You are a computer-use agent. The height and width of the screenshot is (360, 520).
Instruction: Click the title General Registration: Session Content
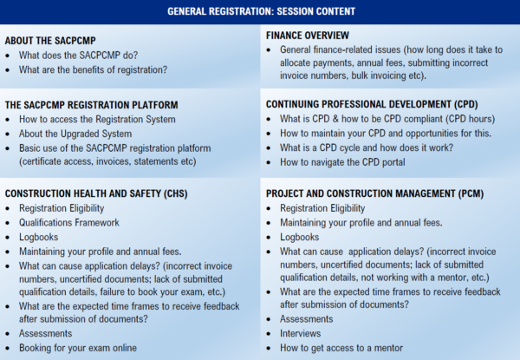(x=260, y=12)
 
